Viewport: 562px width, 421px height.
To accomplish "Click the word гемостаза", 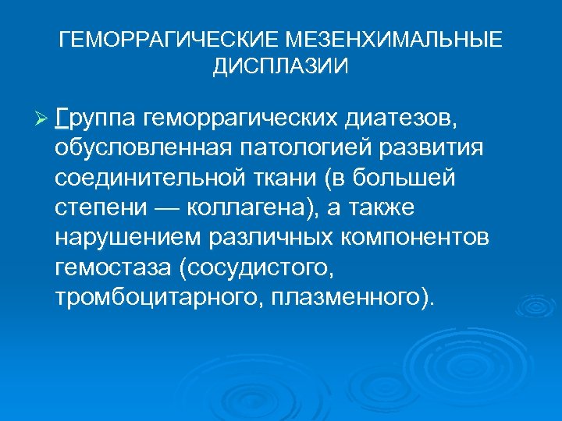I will click(x=113, y=268).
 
